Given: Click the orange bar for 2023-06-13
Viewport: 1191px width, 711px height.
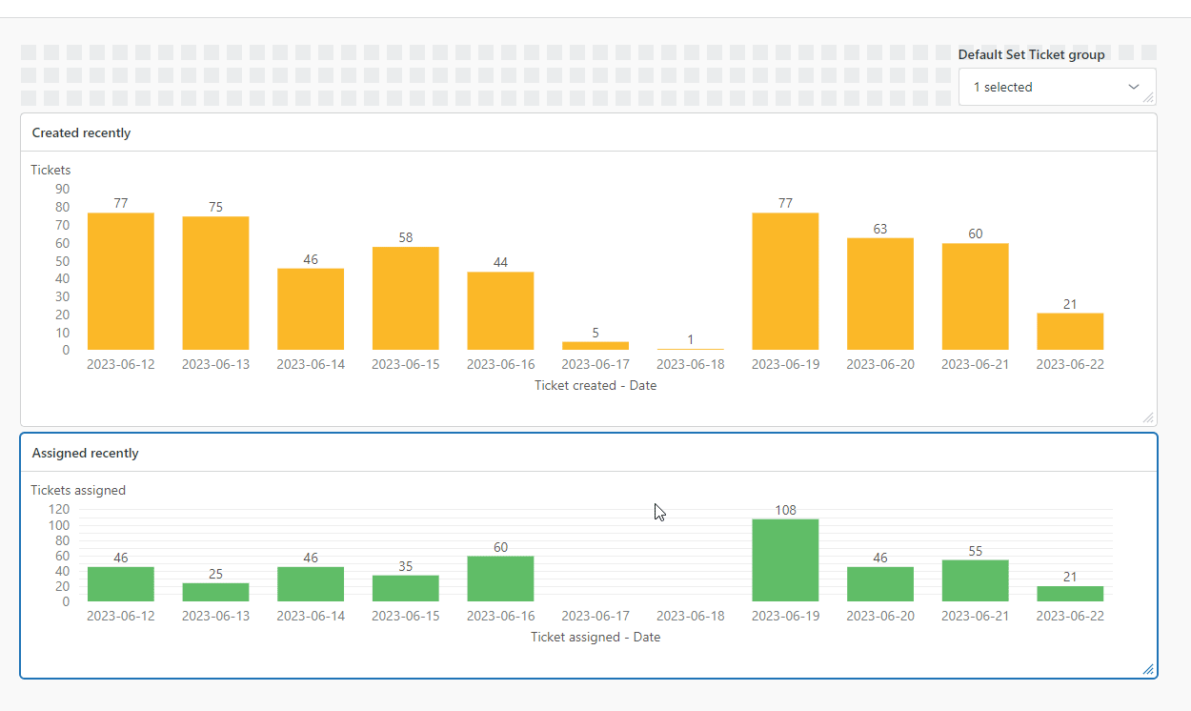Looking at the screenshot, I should coord(215,283).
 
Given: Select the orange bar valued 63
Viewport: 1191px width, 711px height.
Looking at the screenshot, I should coord(880,294).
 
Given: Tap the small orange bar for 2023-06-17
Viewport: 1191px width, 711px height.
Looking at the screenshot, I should coord(595,345).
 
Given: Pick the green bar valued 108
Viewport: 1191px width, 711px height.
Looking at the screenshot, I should coord(785,560).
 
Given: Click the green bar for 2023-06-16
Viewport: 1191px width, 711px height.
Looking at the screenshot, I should coord(500,579).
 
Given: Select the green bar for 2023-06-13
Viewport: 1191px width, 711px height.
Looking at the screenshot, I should coord(215,592).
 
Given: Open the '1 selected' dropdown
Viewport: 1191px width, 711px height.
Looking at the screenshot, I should coord(1057,87).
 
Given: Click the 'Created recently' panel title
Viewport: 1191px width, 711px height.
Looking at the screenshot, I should coord(82,133).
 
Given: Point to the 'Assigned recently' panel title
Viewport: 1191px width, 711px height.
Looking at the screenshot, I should coord(86,454).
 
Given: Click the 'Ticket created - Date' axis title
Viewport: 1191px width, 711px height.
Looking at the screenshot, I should coord(595,386).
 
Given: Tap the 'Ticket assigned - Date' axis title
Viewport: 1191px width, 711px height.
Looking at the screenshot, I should coord(595,637).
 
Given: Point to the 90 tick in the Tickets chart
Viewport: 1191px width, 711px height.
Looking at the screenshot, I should coord(63,189).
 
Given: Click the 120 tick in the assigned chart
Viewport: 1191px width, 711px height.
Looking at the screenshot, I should coord(59,510).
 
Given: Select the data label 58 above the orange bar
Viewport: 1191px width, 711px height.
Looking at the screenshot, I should coord(406,237).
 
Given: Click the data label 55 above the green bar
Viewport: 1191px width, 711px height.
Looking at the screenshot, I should coord(975,551).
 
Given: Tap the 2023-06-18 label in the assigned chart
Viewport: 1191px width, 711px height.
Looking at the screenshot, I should coord(691,616).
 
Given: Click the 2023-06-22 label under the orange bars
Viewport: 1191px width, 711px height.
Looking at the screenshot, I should coord(1070,364).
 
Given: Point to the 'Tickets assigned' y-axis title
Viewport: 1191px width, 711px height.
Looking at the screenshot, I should coord(78,490).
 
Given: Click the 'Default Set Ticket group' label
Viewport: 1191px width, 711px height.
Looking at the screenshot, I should coord(1032,55).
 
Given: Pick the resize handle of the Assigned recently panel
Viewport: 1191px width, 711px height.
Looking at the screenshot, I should coord(1148,669).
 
